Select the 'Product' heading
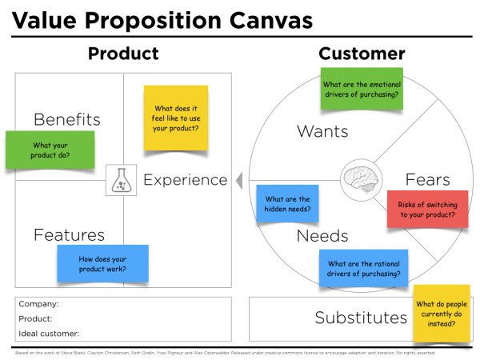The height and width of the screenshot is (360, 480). point(123,54)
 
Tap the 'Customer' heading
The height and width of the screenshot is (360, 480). point(362,54)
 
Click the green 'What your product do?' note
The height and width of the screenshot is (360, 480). point(50,150)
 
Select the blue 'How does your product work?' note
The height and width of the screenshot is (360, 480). point(102,265)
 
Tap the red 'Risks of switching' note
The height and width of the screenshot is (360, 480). point(426,210)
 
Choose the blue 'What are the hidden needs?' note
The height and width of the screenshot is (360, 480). point(287,204)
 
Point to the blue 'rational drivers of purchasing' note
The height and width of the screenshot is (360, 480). point(364,269)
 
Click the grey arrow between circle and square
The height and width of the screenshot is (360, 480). point(238,181)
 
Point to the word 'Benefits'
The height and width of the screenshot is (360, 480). point(67,120)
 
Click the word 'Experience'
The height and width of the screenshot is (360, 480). point(186,180)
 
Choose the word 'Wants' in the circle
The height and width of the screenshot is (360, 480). point(322,130)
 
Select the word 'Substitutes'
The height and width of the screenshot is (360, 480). point(361,318)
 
